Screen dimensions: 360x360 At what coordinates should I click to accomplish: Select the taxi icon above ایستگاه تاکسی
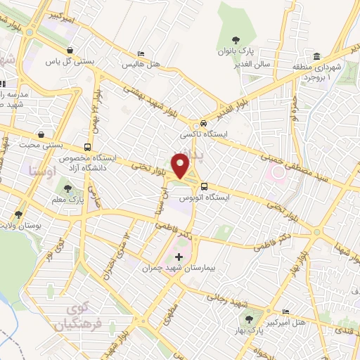(x=203, y=122)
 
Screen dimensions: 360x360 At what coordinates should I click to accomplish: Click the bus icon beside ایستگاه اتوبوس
(x=204, y=186)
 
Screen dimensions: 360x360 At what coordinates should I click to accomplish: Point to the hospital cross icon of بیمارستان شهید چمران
(x=179, y=257)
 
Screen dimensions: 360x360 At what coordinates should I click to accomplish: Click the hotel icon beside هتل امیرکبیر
(x=285, y=311)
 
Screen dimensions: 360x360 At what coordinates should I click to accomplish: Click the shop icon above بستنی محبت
(x=42, y=134)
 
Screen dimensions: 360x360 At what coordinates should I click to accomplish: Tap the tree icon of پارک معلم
(x=68, y=188)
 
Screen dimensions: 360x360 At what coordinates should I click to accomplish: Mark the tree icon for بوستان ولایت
(x=18, y=214)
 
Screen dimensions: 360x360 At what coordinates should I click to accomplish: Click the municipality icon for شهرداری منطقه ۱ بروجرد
(x=317, y=57)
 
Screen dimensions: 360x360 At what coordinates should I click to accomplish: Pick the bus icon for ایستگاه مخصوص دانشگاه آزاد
(x=87, y=148)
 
